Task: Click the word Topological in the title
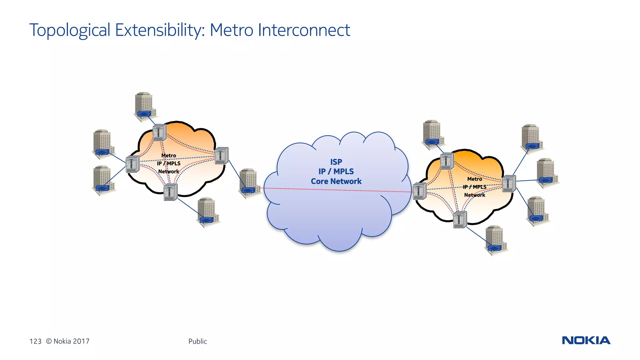pyautogui.click(x=70, y=30)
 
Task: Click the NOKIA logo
pyautogui.click(x=586, y=340)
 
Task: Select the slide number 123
pyautogui.click(x=35, y=341)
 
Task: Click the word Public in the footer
pyautogui.click(x=197, y=341)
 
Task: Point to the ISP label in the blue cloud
pyautogui.click(x=336, y=162)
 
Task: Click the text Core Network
pyautogui.click(x=336, y=181)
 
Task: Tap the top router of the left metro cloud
pyautogui.click(x=159, y=132)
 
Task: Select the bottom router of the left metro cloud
pyautogui.click(x=170, y=192)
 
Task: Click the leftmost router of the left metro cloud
pyautogui.click(x=132, y=164)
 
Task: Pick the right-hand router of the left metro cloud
pyautogui.click(x=221, y=156)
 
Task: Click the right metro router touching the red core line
pyautogui.click(x=419, y=191)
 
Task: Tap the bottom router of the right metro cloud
pyautogui.click(x=460, y=220)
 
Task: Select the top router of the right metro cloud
pyautogui.click(x=447, y=161)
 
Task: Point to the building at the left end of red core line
pyautogui.click(x=249, y=183)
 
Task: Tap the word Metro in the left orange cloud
pyautogui.click(x=168, y=155)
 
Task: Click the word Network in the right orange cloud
pyautogui.click(x=474, y=195)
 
